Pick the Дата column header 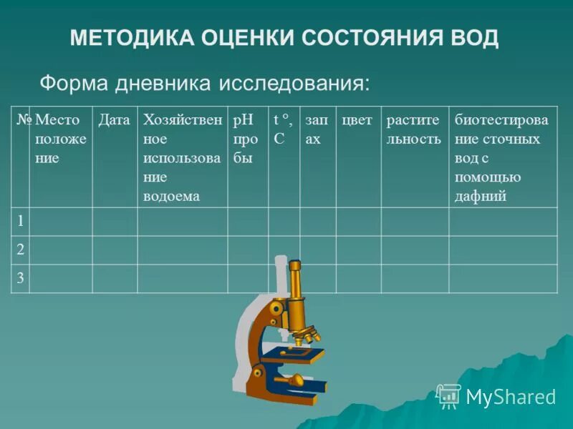point(114,120)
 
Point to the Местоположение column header point(60,139)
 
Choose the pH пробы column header point(244,139)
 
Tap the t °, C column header point(282,129)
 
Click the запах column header point(316,129)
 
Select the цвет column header point(357,120)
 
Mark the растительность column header point(414,129)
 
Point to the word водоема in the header point(171,197)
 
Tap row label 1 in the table point(21,221)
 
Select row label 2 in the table point(21,250)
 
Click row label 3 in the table point(21,278)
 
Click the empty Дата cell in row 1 point(115,221)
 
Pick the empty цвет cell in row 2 point(358,250)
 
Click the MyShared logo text point(510,397)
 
